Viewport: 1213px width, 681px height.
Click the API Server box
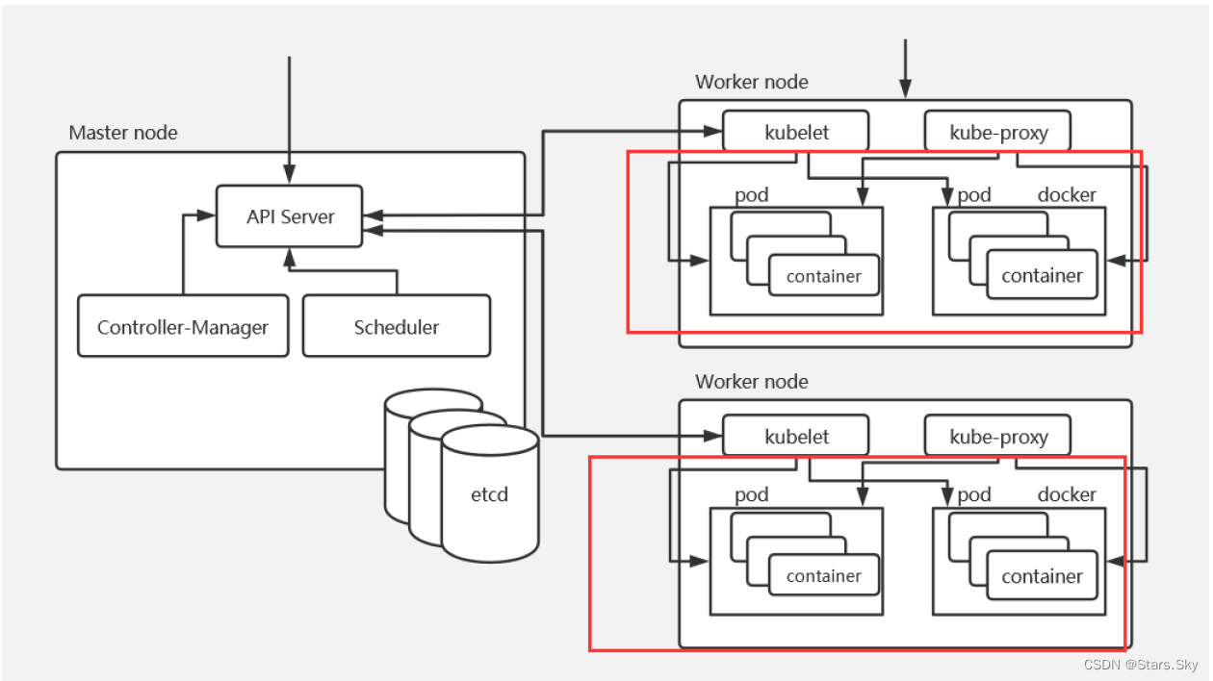(x=289, y=216)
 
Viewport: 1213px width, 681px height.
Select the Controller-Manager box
(x=183, y=327)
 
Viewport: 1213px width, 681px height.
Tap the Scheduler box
(x=396, y=327)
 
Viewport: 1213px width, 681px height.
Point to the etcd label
(x=489, y=495)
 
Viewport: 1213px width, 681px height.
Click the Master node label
(x=123, y=133)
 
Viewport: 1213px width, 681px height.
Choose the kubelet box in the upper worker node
(x=796, y=132)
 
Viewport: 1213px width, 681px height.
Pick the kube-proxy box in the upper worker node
(x=998, y=132)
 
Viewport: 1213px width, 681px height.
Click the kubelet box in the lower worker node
(x=796, y=437)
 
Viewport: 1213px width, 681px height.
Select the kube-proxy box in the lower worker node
(x=998, y=437)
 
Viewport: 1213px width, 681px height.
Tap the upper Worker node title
(x=752, y=82)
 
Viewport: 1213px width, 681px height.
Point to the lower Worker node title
(x=752, y=382)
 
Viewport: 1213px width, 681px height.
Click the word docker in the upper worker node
(x=1067, y=195)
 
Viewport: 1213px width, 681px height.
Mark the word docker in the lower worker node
(x=1067, y=495)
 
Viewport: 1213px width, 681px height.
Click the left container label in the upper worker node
(x=823, y=277)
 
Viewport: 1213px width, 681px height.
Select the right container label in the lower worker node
(x=1042, y=576)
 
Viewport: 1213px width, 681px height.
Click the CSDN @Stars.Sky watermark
(x=1141, y=665)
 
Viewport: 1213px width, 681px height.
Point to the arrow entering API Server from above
(x=289, y=115)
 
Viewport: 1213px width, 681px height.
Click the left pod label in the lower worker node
(x=751, y=495)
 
